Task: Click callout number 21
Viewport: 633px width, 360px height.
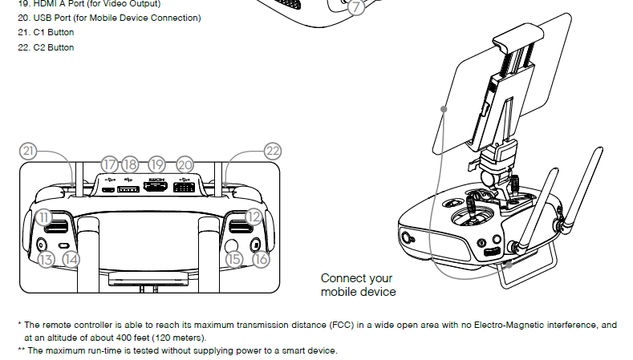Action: pyautogui.click(x=29, y=151)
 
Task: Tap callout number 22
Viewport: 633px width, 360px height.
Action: pyautogui.click(x=274, y=151)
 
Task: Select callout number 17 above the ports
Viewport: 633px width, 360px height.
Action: pyautogui.click(x=109, y=163)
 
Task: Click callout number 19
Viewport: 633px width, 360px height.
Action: pyautogui.click(x=156, y=163)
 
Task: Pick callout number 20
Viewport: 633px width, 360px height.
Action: pyautogui.click(x=185, y=163)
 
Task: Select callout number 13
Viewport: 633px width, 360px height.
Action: pyautogui.click(x=45, y=259)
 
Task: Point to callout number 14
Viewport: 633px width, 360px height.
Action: pyautogui.click(x=72, y=259)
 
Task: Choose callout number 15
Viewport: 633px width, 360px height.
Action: pyautogui.click(x=234, y=259)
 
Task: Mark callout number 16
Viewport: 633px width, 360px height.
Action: pyautogui.click(x=261, y=259)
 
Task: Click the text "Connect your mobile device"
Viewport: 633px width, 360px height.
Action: pyautogui.click(x=358, y=285)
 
